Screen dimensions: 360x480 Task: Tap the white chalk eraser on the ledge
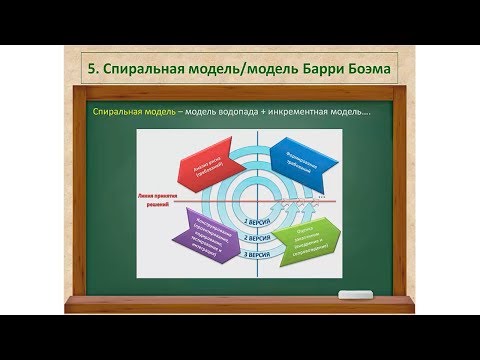coord(354,294)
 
